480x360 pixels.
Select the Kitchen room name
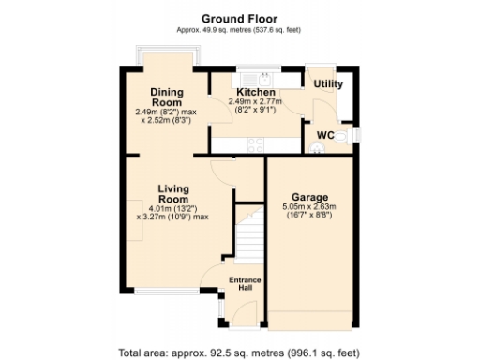pos(255,91)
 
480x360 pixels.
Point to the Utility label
pos(328,84)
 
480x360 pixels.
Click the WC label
pos(325,135)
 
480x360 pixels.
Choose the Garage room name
pos(309,197)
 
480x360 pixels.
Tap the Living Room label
pos(173,194)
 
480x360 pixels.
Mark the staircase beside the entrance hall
pos(247,239)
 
